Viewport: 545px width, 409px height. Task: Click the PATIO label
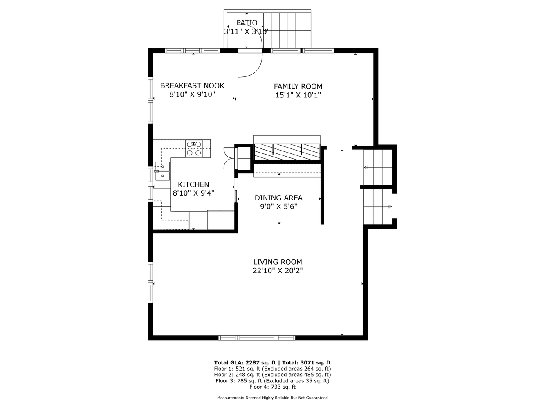tap(247, 23)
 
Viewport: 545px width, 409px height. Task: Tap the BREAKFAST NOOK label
tap(192, 85)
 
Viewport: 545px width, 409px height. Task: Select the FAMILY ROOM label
tap(298, 86)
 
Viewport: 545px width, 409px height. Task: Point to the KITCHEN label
tap(193, 184)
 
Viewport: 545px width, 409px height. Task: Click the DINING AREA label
tap(278, 198)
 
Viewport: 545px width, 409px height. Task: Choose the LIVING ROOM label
tap(278, 262)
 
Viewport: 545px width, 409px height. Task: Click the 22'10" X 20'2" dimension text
tap(278, 271)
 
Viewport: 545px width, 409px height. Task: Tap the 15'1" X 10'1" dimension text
tap(298, 95)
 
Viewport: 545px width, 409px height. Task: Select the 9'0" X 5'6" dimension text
tap(278, 207)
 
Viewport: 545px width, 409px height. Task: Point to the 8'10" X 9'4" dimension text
tap(193, 193)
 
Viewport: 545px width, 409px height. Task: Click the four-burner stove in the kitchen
tap(194, 148)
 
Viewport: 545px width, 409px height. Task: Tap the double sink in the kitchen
tap(162, 171)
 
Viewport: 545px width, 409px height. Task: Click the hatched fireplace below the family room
tap(287, 152)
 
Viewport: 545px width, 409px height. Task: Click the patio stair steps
tap(287, 30)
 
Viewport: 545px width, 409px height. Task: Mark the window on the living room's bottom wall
tap(257, 338)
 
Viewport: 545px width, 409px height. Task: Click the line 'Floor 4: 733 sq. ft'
tap(272, 387)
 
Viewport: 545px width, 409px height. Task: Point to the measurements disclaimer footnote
tap(272, 398)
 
